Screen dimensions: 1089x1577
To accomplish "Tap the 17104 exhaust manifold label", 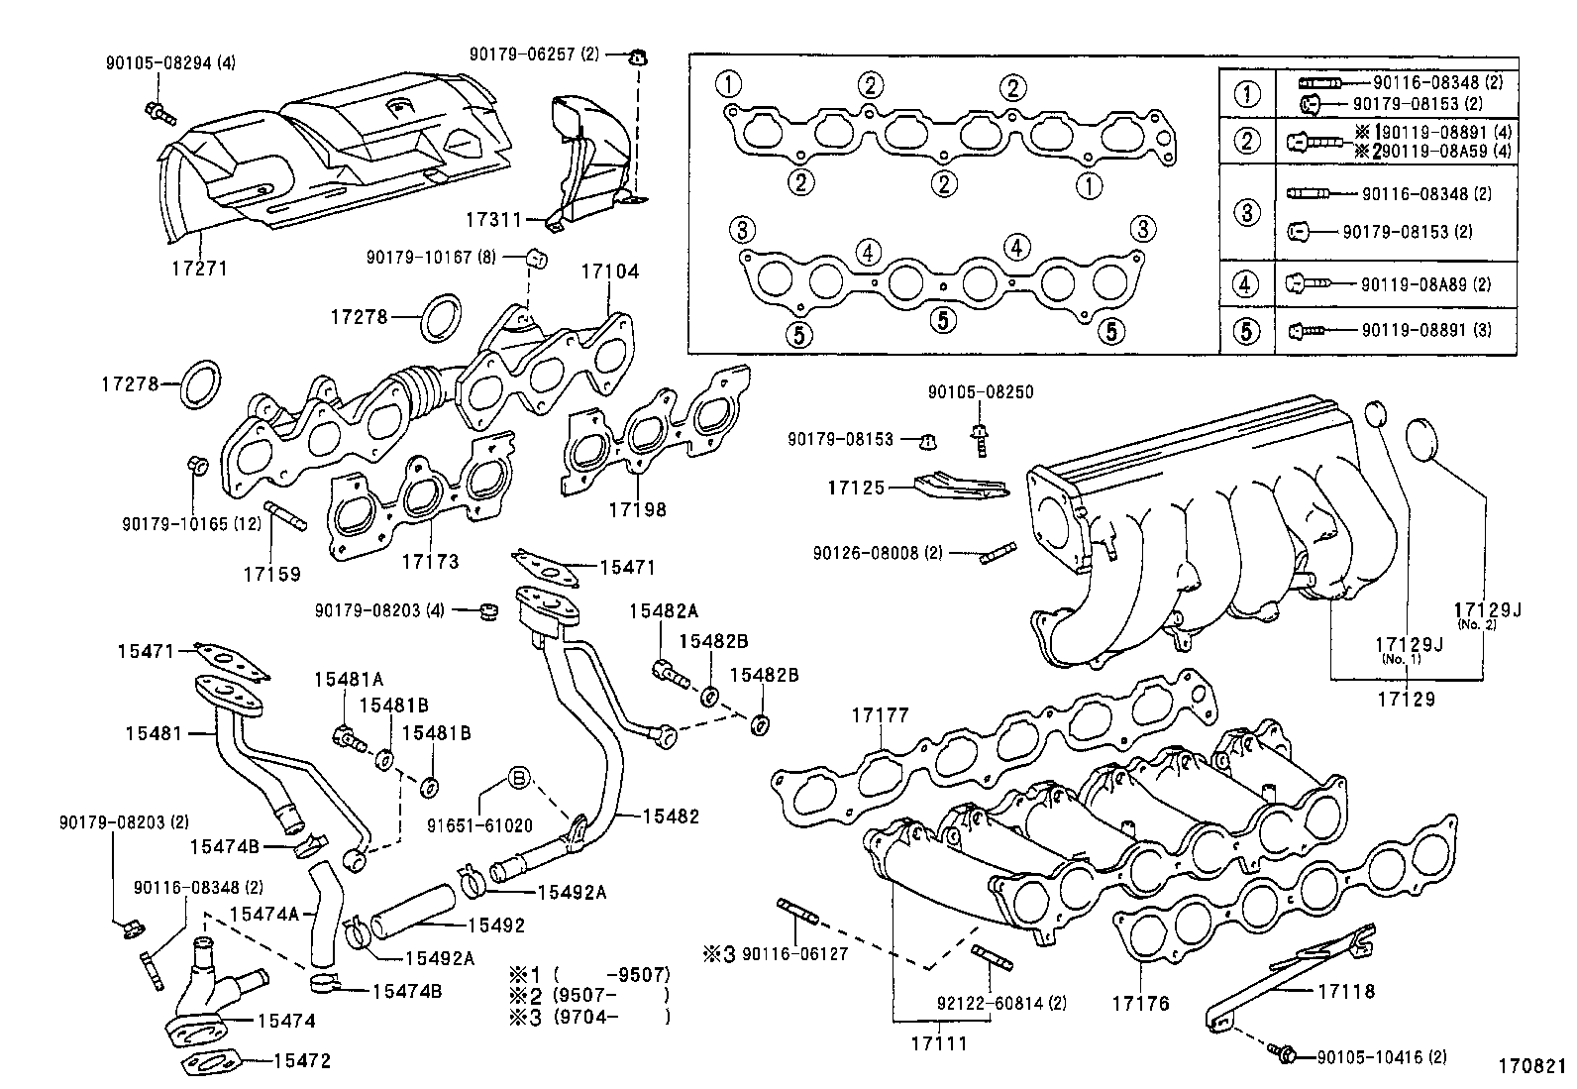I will pos(610,271).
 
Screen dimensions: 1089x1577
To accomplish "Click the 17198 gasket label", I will pos(637,509).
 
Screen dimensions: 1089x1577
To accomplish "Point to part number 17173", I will pos(430,561).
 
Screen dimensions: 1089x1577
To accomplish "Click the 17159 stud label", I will pos(271,573).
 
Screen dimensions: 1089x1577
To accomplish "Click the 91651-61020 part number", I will pos(479,824).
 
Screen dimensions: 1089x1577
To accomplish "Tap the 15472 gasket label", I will pos(301,1061).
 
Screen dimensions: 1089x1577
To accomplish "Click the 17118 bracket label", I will pos(1346,990).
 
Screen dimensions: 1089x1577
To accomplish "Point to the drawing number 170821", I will pos(1530,1068).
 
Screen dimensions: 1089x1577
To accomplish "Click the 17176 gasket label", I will pos(1140,1004).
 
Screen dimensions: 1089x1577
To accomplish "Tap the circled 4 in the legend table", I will pos(1246,284).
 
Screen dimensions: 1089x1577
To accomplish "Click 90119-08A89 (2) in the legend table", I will pos(1424,284).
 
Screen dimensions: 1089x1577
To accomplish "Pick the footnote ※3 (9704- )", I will pos(589,1017).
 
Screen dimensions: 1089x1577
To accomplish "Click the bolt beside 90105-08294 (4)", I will pos(158,113).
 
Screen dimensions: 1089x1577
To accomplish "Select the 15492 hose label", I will pos(495,926).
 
